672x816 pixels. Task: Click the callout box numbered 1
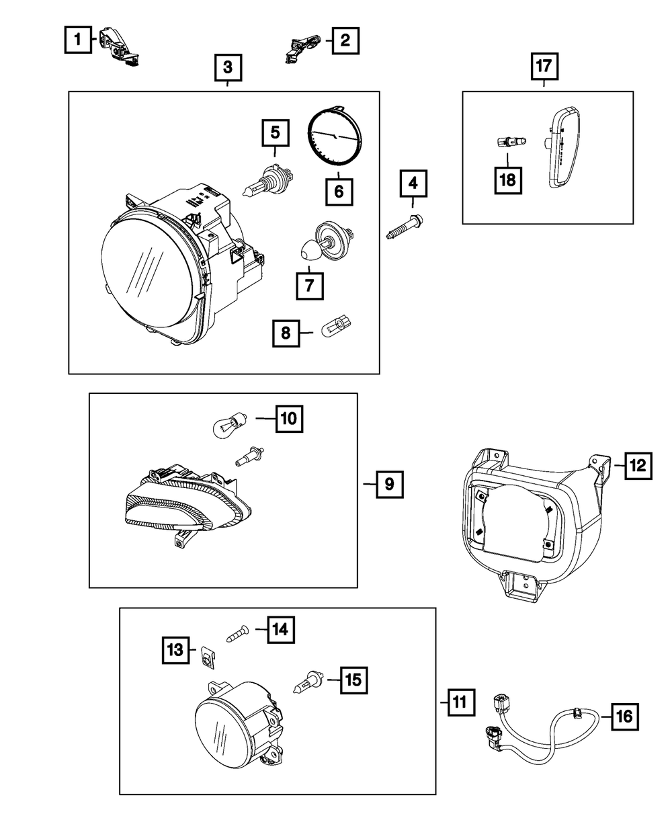pyautogui.click(x=78, y=40)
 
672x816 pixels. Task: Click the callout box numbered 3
pyautogui.click(x=228, y=67)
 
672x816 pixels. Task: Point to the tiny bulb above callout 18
pyautogui.click(x=509, y=143)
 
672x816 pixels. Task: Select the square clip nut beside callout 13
pyautogui.click(x=208, y=658)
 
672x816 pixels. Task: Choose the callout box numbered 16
pyautogui.click(x=624, y=717)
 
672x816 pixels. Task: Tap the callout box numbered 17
pyautogui.click(x=544, y=67)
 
